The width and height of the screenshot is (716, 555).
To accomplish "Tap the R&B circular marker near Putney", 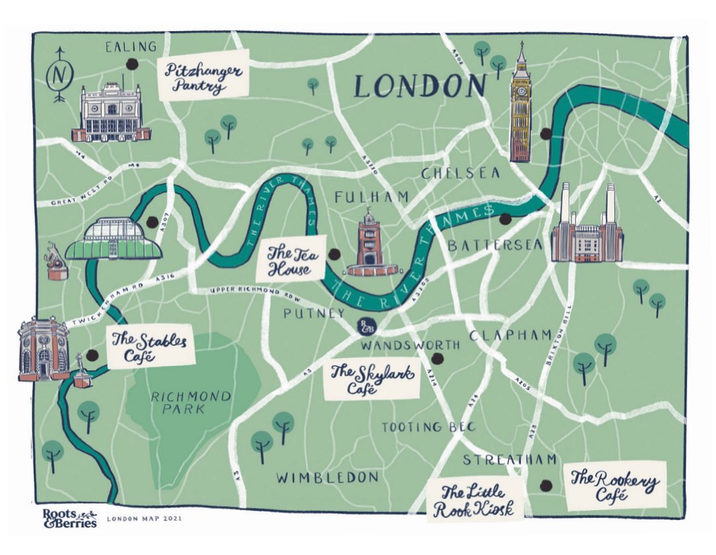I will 365,326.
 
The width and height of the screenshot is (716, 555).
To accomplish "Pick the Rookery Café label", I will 614,486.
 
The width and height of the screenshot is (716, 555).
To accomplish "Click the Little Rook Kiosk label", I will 474,501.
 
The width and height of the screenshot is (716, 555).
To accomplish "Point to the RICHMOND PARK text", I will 191,402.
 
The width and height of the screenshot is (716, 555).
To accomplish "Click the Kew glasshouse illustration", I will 122,240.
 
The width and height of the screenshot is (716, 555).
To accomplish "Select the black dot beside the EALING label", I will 132,64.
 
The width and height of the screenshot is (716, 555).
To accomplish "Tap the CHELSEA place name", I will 460,172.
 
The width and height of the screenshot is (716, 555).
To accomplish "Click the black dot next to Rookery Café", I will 545,486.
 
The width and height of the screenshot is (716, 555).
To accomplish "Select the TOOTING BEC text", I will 428,427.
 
